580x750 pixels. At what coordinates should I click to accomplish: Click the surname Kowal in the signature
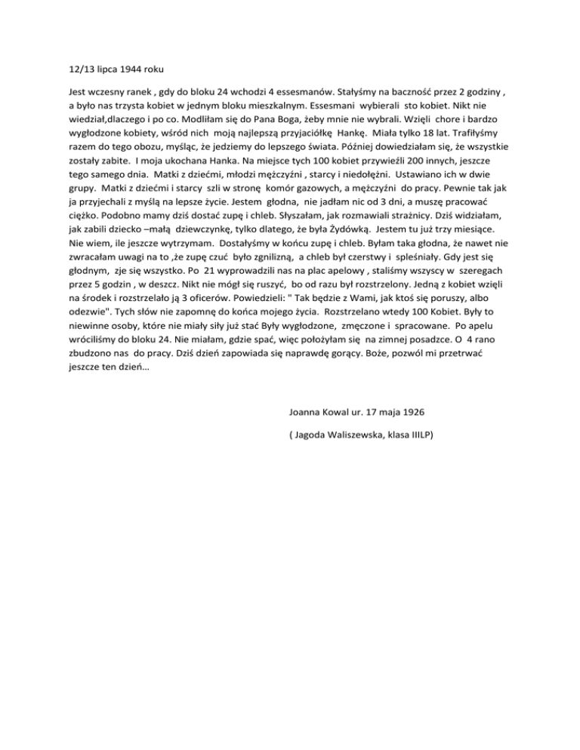[338, 413]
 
